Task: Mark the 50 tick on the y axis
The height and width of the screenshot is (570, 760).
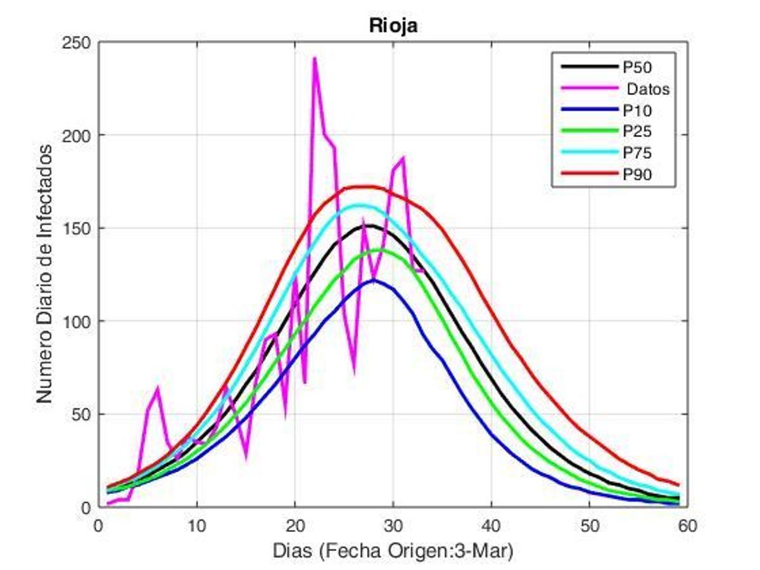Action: [x=82, y=415]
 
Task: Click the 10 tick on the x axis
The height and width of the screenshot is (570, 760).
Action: [x=196, y=526]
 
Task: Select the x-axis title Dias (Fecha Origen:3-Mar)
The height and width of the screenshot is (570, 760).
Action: [x=393, y=551]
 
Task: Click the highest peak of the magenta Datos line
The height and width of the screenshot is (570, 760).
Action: [x=314, y=58]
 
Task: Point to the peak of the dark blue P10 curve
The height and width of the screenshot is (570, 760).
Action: [x=373, y=279]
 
